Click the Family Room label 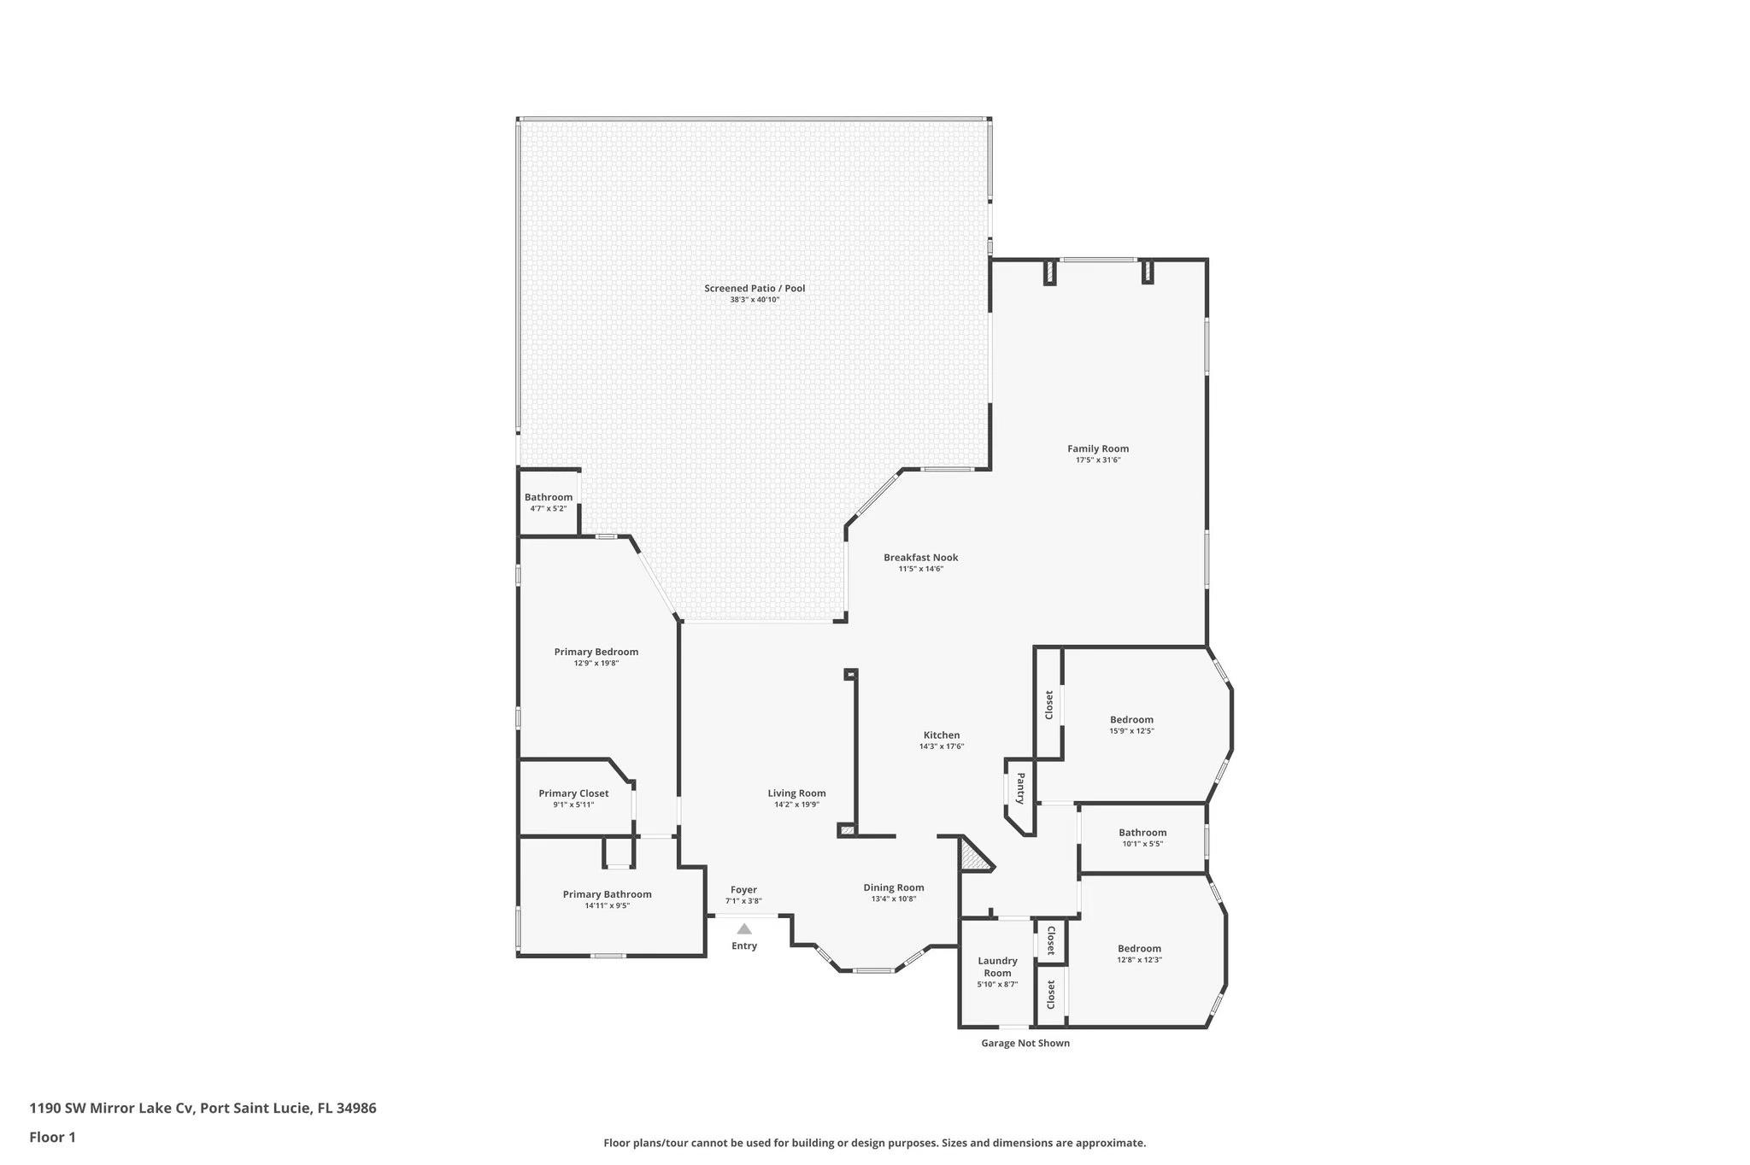(x=1097, y=448)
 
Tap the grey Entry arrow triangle (x=744, y=928)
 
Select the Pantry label (x=1019, y=788)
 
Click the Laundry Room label (x=997, y=966)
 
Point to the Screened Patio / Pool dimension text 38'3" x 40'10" (x=755, y=300)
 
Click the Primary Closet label (x=573, y=793)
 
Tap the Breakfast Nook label (x=920, y=558)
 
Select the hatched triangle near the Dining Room (x=973, y=856)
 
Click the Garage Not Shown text (x=1025, y=1043)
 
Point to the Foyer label (x=743, y=889)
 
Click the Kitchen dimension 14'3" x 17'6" (x=942, y=746)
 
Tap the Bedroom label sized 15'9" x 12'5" (x=1131, y=719)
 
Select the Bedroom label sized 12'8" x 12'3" (x=1139, y=948)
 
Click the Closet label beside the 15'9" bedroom (x=1049, y=705)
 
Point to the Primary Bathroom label (x=607, y=894)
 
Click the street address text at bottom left (x=203, y=1108)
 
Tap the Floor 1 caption (x=52, y=1137)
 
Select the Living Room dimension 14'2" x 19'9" (x=796, y=805)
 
